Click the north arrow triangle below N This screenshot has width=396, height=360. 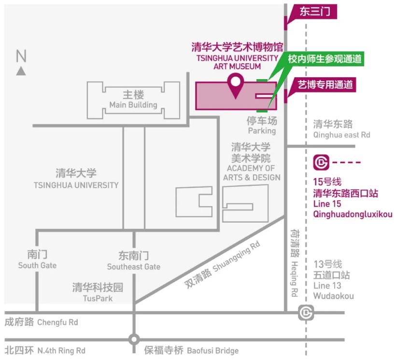click(x=21, y=71)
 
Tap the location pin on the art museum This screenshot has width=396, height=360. click(x=235, y=85)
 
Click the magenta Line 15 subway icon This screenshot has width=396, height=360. click(x=321, y=162)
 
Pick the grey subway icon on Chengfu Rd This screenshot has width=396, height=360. click(x=306, y=313)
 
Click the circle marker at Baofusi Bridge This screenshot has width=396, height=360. click(x=134, y=340)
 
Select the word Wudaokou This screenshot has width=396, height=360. click(x=333, y=296)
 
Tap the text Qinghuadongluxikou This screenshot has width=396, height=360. click(x=353, y=214)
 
